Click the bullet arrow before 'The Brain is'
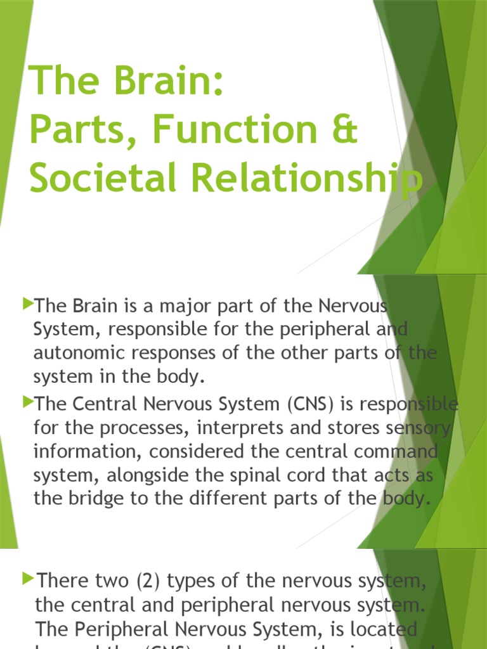[27, 305]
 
